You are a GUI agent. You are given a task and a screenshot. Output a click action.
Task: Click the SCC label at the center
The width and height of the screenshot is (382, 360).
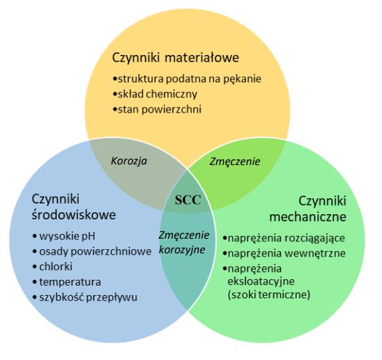tap(188, 200)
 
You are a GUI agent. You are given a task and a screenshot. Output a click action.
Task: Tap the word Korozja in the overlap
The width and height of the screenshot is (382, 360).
tap(129, 161)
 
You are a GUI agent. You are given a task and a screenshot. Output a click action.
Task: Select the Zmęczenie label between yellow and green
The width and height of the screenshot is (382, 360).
tap(235, 162)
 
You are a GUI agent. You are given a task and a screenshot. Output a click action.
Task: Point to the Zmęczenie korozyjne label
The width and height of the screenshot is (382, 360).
tap(184, 243)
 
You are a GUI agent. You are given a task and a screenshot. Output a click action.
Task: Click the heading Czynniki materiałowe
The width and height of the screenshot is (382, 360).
tap(175, 58)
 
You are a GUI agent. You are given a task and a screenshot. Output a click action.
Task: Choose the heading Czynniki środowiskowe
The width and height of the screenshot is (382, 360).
tap(74, 207)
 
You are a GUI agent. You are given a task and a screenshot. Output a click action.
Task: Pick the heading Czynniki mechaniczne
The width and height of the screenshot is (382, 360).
tap(308, 209)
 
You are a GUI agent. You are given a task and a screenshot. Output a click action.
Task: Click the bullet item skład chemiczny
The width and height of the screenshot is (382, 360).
tap(155, 94)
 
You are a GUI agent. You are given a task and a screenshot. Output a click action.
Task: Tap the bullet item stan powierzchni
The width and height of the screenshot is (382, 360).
tap(157, 109)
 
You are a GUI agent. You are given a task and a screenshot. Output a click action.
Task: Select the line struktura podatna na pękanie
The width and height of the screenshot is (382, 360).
tap(187, 79)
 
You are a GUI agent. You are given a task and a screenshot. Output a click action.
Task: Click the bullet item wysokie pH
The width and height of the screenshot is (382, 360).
tap(64, 236)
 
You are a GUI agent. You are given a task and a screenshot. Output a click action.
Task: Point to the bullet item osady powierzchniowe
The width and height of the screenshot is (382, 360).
tap(92, 251)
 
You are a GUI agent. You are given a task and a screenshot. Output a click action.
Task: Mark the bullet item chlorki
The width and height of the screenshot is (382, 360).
tap(52, 267)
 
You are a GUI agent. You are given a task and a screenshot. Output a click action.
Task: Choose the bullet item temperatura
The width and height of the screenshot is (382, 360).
tap(67, 282)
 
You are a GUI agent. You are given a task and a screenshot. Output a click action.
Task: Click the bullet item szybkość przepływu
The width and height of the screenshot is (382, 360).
tap(85, 297)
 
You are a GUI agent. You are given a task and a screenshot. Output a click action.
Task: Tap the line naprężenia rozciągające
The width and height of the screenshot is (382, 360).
tap(284, 238)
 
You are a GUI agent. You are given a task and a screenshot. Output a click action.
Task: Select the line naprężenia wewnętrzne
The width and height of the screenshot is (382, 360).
tap(284, 253)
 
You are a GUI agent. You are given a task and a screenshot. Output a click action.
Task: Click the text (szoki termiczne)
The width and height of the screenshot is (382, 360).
tap(269, 295)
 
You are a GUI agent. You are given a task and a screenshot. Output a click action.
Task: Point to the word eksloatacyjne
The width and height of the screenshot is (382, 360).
tap(261, 282)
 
